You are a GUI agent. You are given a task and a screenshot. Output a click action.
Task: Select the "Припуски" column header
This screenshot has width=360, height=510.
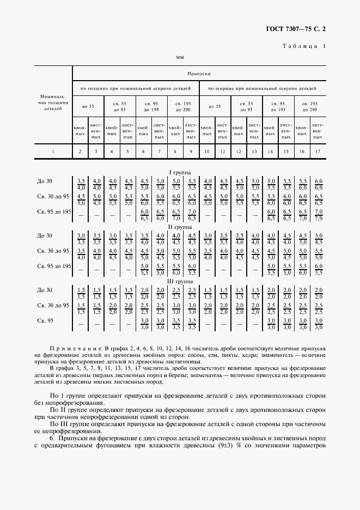199,73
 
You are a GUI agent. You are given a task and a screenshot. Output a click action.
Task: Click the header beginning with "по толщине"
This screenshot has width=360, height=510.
135,88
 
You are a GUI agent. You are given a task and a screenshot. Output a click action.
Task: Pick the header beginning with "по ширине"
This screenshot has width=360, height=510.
263,88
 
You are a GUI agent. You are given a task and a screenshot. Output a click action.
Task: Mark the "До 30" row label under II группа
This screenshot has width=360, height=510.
44,235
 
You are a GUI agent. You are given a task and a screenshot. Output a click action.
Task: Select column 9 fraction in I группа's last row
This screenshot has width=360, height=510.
192,214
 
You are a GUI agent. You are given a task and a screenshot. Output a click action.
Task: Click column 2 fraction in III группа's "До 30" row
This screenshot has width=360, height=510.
81,293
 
